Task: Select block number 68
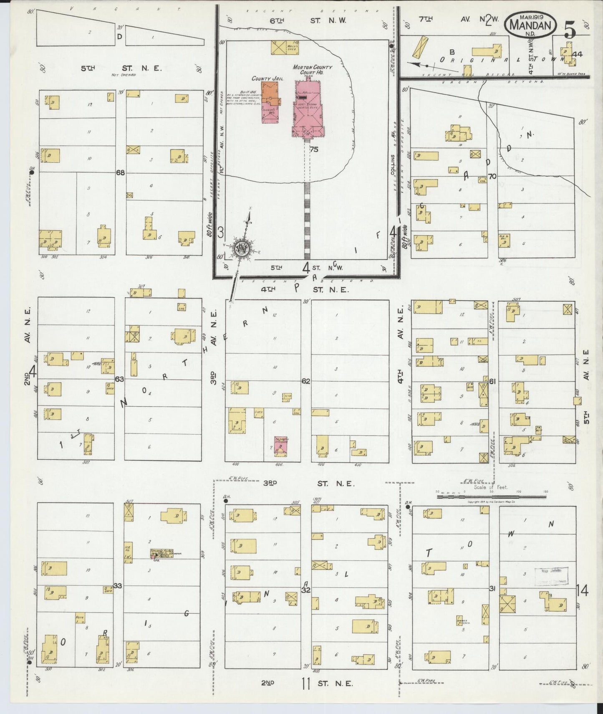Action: pos(120,172)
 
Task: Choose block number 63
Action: pos(120,379)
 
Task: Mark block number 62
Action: pos(306,381)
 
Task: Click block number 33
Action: pos(118,586)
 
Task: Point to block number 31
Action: pos(492,588)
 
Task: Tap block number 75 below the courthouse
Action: pos(314,149)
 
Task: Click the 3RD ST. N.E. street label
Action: pos(309,484)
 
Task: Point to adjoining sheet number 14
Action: pos(583,590)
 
